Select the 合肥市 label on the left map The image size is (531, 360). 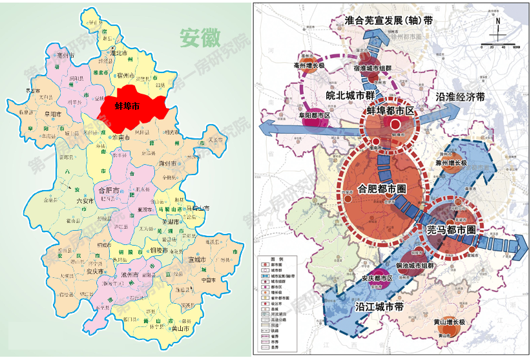[x=107, y=191]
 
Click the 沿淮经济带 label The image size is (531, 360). [x=460, y=98]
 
